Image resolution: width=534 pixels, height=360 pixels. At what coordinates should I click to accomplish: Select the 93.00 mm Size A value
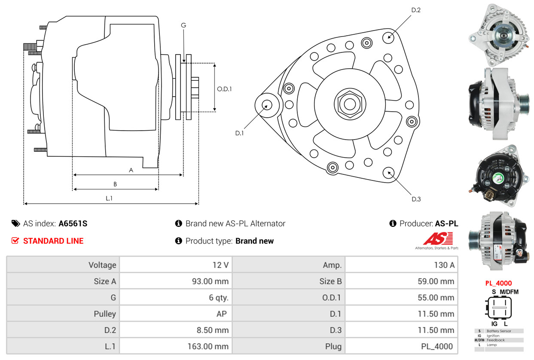210,281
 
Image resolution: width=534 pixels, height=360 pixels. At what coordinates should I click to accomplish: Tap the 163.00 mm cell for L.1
208,346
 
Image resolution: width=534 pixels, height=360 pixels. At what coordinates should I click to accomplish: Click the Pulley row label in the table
105,314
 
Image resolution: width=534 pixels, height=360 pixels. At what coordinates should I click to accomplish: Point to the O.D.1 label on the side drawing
224,89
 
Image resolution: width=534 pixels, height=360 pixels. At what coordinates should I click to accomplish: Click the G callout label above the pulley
183,25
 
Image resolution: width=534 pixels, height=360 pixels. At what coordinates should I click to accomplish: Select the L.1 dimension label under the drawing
109,198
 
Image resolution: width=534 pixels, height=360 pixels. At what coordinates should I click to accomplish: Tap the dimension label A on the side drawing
131,170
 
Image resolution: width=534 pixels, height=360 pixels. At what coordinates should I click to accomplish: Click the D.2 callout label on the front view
416,10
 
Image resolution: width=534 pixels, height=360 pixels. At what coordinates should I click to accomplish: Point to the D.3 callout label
416,199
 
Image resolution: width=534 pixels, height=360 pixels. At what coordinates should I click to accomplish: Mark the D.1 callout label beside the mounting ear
239,133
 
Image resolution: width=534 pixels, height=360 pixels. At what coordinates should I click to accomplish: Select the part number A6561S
73,223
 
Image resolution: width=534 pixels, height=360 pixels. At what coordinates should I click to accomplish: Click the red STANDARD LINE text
53,241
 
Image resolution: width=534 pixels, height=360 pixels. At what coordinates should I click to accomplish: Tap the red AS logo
438,239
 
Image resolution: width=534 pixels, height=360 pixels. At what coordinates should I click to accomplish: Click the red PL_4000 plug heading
498,284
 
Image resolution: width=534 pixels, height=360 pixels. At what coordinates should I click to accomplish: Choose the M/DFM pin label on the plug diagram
509,292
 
